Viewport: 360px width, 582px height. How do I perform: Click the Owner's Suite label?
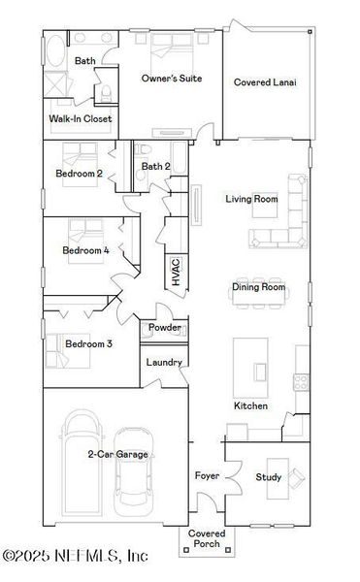pyautogui.click(x=171, y=78)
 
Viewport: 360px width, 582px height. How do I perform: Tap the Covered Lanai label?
pyautogui.click(x=264, y=82)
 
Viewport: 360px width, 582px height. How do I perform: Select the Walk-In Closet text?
pyautogui.click(x=81, y=119)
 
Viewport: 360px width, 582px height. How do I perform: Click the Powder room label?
pyautogui.click(x=164, y=329)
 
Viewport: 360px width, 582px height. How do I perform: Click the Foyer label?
pyautogui.click(x=207, y=476)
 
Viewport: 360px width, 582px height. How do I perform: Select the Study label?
pyautogui.click(x=268, y=477)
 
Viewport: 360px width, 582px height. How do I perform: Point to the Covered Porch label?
pyautogui.click(x=206, y=539)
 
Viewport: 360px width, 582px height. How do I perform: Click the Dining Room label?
pyautogui.click(x=258, y=287)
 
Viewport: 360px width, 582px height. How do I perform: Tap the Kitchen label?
pyautogui.click(x=250, y=405)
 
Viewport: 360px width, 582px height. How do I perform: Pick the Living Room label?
pyautogui.click(x=251, y=199)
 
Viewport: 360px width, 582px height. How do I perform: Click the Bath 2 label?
pyautogui.click(x=155, y=167)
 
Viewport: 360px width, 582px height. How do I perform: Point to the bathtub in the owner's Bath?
pyautogui.click(x=53, y=48)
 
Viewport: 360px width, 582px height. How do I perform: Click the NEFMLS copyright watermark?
pyautogui.click(x=75, y=556)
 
